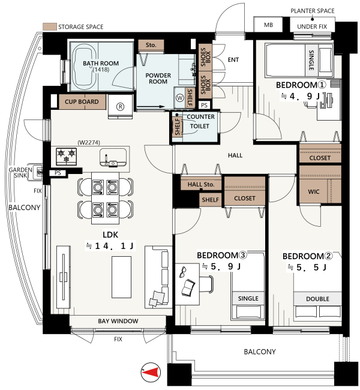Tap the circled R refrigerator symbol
click(121, 107)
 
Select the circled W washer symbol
click(179, 98)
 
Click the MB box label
click(268, 25)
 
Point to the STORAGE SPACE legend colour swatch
click(50, 26)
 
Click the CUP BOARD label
click(82, 102)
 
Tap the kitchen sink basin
click(113, 157)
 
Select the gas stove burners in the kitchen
click(66, 156)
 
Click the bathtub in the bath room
click(84, 67)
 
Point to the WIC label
click(313, 192)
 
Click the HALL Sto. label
click(201, 185)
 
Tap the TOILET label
click(200, 127)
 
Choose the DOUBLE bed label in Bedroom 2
click(317, 299)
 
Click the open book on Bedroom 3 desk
click(188, 288)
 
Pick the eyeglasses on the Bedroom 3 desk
click(182, 272)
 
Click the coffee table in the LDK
click(121, 277)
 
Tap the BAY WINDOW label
click(118, 321)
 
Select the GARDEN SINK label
click(20, 173)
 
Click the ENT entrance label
click(233, 59)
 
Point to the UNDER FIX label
click(312, 26)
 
